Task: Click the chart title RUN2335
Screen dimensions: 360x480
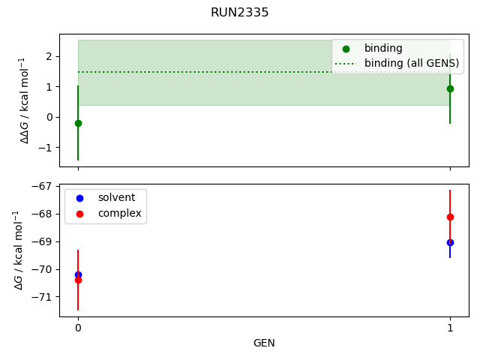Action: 240,13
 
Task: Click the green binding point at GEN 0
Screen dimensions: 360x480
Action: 78,123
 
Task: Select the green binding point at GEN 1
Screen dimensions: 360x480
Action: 450,88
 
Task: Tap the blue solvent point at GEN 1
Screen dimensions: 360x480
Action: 450,242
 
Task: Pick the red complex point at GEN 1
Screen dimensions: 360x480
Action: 450,217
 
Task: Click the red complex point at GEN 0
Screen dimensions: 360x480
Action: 78,280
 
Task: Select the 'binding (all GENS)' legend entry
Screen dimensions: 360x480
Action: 411,63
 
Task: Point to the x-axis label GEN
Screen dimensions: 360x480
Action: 264,343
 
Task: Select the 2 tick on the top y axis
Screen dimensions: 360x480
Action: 48,56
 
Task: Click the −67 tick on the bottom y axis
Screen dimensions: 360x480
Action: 42,186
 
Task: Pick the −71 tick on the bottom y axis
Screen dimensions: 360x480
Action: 42,297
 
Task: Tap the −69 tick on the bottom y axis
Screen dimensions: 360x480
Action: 42,241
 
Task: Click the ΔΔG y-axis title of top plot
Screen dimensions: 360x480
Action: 25,100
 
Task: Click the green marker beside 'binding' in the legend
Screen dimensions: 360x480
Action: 346,48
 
